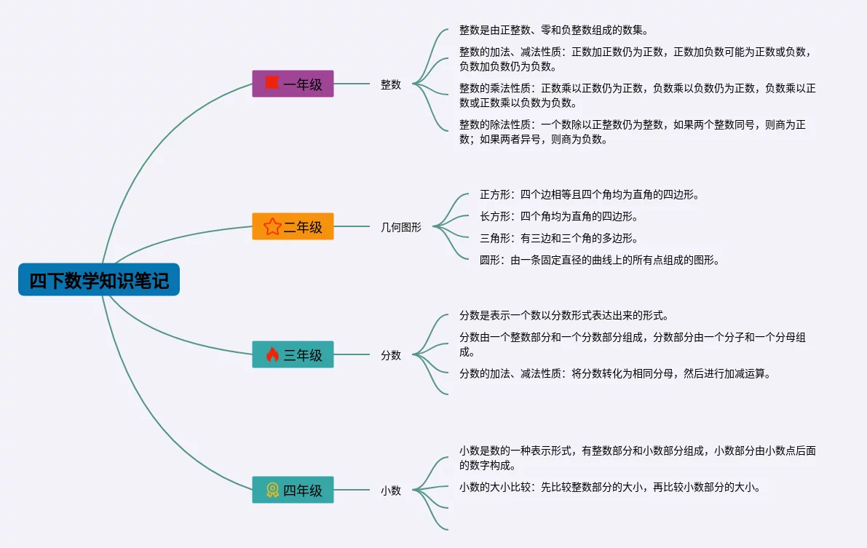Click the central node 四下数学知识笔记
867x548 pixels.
99,280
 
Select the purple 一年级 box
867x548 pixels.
293,84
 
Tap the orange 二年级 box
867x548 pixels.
293,226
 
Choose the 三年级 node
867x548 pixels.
293,354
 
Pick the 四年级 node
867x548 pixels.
293,490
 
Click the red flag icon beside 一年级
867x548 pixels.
272,83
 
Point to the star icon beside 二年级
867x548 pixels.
272,226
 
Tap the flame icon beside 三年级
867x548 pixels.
272,354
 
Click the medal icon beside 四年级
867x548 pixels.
272,490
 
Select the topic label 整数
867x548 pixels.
391,84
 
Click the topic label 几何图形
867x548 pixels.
401,227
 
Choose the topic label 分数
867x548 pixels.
391,355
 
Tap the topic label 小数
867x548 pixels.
391,491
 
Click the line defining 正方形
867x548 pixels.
590,194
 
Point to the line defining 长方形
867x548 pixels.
558,216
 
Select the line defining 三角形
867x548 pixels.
558,238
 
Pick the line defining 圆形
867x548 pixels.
599,260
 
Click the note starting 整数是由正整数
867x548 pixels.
553,31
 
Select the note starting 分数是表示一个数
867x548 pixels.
563,316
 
